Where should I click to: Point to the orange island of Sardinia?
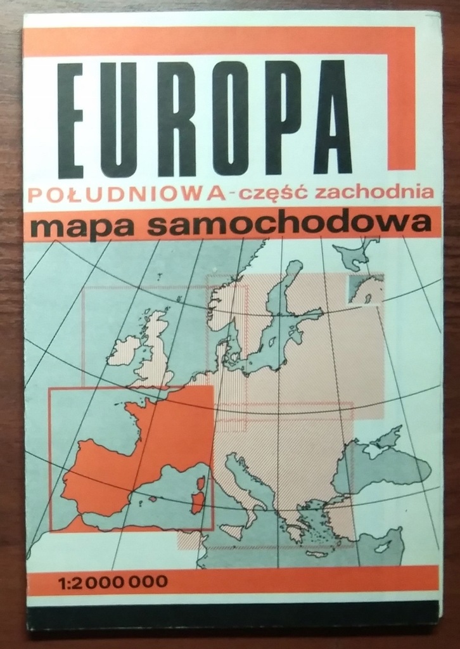click(198, 503)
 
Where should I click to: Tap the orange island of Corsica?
click(201, 483)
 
